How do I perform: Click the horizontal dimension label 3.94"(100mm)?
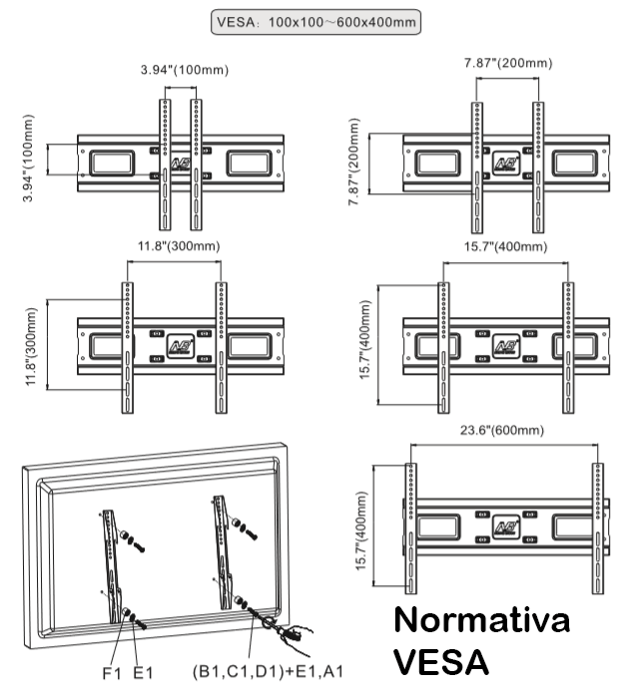[x=180, y=69]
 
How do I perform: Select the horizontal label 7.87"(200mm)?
[x=508, y=63]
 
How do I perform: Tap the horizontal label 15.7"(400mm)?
[x=504, y=246]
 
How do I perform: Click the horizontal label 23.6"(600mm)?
[x=503, y=431]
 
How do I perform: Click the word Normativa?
[x=482, y=620]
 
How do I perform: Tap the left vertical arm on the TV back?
[x=112, y=553]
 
